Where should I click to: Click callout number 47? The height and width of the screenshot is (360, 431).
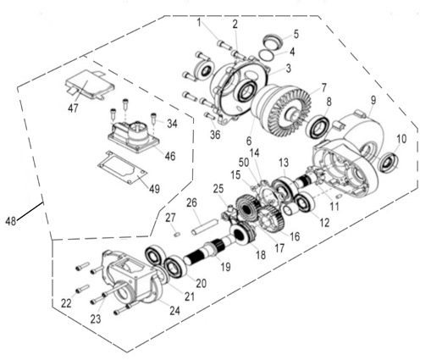click(74, 108)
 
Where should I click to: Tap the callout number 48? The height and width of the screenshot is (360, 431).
click(10, 221)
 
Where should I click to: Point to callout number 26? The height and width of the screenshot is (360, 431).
click(192, 202)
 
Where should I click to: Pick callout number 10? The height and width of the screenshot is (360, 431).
click(401, 139)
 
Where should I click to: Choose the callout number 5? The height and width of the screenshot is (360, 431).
click(296, 35)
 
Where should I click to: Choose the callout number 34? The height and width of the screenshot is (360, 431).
click(172, 124)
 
